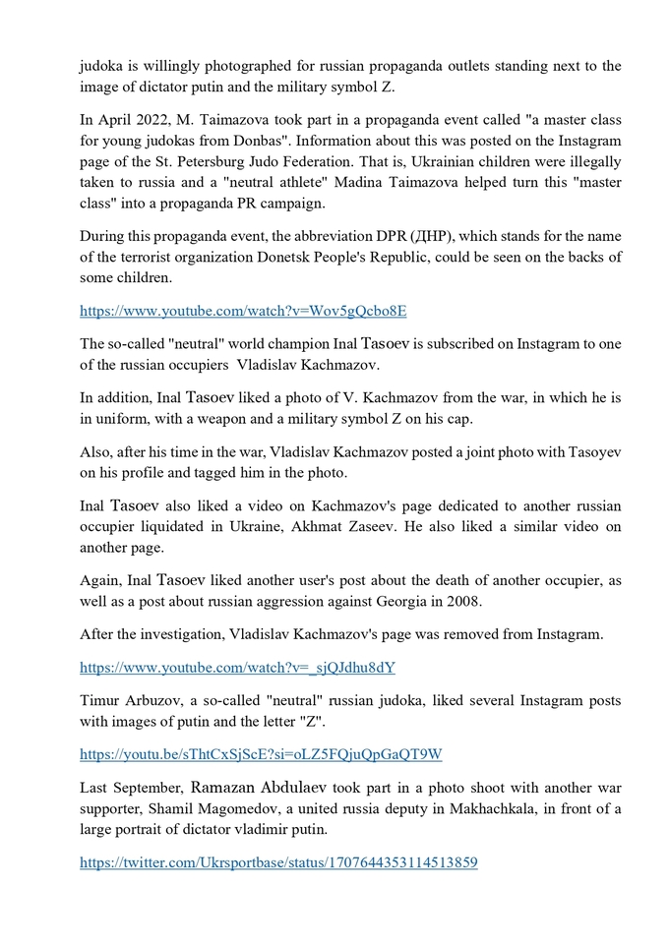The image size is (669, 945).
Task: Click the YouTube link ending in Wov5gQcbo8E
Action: pos(243,311)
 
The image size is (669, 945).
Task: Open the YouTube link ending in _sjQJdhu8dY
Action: pos(238,668)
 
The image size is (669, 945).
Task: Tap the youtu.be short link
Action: pos(261,754)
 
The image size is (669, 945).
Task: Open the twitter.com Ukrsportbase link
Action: pos(279,862)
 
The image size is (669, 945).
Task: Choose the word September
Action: pos(151,787)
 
